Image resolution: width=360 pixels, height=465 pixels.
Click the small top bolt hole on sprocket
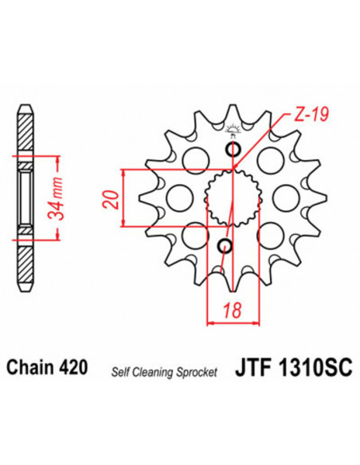point(233,150)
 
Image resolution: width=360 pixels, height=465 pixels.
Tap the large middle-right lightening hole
point(285,197)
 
